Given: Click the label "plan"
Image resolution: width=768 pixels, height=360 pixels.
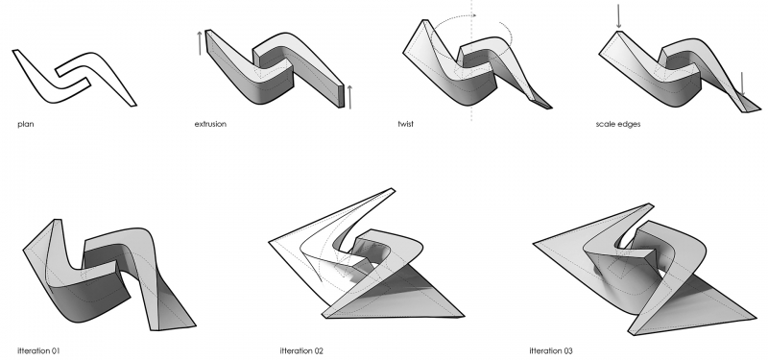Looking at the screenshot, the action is [26, 125].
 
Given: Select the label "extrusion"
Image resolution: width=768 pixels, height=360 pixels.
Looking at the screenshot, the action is [210, 124].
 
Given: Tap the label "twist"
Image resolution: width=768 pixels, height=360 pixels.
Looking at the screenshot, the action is [405, 124].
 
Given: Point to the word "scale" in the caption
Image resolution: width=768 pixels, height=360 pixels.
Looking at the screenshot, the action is [606, 124].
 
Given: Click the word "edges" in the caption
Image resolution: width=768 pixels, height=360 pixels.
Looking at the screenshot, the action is [629, 125].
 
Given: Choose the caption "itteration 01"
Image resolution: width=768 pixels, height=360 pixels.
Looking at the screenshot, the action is [38, 350].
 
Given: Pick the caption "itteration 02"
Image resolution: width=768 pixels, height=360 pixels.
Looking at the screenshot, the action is [301, 350].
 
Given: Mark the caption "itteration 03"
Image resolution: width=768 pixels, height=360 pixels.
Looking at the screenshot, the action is [551, 350].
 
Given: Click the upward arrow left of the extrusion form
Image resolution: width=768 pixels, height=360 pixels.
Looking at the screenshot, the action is [200, 43].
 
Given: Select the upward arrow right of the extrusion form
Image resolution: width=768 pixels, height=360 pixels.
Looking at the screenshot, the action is [349, 97].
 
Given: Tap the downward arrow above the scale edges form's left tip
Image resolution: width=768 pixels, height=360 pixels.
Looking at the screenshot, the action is [618, 16].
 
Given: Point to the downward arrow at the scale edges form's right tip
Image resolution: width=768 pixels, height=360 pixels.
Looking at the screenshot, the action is [742, 84].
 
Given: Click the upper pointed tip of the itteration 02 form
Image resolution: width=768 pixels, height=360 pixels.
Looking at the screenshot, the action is [394, 189].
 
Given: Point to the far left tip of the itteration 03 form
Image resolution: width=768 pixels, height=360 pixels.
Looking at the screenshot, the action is [534, 243].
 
